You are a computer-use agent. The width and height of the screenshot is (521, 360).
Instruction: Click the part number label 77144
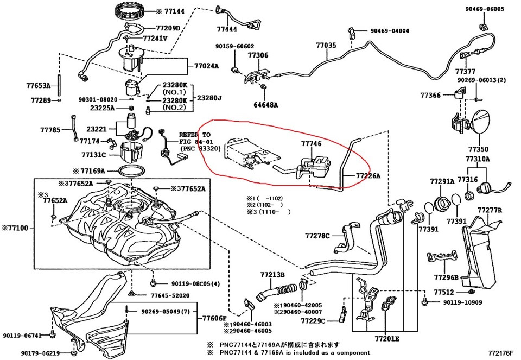tap(174, 10)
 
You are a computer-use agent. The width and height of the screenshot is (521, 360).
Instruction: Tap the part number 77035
tap(327, 47)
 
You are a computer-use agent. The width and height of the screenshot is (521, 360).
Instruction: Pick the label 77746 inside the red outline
tap(311, 144)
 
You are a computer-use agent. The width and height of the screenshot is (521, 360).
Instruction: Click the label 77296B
tap(446, 277)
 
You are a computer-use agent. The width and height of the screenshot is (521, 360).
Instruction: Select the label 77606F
tap(212, 318)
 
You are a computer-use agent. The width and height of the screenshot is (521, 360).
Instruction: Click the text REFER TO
tap(194, 134)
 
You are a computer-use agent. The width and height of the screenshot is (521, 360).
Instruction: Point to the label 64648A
tap(265, 105)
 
